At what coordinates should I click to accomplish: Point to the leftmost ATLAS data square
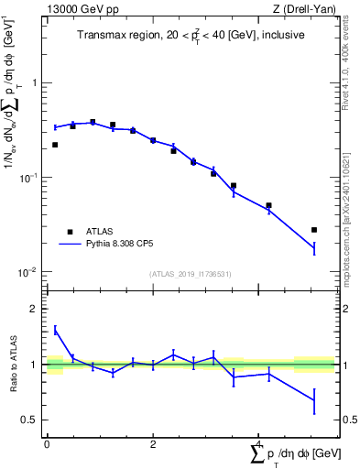(55, 145)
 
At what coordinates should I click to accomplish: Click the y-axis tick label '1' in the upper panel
(35, 82)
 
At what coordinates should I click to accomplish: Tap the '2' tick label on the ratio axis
(35, 309)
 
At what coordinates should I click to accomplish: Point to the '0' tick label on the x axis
(46, 443)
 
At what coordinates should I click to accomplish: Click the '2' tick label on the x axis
(153, 443)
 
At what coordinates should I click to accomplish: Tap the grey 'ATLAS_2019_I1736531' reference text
(189, 274)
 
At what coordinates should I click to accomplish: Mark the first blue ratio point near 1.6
(55, 330)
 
